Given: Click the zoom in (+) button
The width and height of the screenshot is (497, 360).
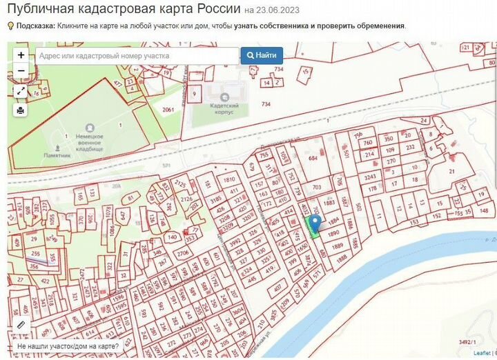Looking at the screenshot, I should coord(21,55).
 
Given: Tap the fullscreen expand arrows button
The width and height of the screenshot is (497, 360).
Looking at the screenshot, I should coord(21,91).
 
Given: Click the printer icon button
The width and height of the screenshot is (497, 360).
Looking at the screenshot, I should coord(21,110).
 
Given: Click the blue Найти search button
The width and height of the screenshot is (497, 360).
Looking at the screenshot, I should coord(262,56).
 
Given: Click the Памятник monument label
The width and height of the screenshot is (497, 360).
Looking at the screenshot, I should coord(59,156).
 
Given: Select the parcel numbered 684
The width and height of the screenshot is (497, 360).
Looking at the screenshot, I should coord(313,159).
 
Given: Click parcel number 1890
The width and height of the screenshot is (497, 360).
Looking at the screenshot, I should coord(333,234).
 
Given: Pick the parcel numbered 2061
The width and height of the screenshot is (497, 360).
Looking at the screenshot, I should coord(168,110).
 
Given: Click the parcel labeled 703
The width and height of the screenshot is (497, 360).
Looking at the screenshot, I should coord(317,187).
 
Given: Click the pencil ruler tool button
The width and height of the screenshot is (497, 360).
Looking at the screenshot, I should coord(21,324).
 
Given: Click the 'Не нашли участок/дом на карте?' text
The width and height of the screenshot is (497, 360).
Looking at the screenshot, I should coord(68,346).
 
